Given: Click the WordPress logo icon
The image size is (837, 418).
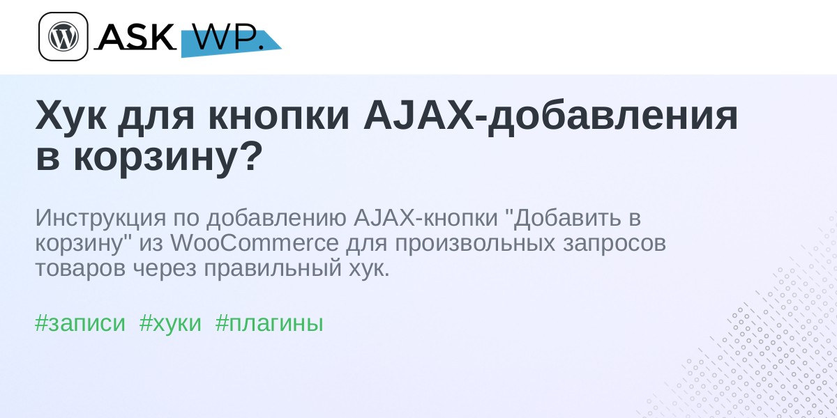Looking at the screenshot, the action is (x=63, y=36).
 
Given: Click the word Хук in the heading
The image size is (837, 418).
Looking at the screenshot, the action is (x=70, y=116).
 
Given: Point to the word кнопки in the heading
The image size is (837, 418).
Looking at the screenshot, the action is (x=278, y=116).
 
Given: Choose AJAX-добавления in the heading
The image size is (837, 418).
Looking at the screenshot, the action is (x=550, y=116).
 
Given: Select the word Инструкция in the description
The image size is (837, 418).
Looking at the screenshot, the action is (x=100, y=218).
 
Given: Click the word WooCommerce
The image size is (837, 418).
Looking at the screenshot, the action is (x=255, y=243).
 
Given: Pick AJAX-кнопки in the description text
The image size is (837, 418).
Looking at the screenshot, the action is (x=425, y=217).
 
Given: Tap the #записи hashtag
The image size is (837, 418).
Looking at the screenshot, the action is (x=80, y=323).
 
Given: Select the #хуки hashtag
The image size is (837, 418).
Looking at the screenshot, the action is (x=170, y=323).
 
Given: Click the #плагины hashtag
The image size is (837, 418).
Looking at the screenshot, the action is (x=269, y=323).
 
